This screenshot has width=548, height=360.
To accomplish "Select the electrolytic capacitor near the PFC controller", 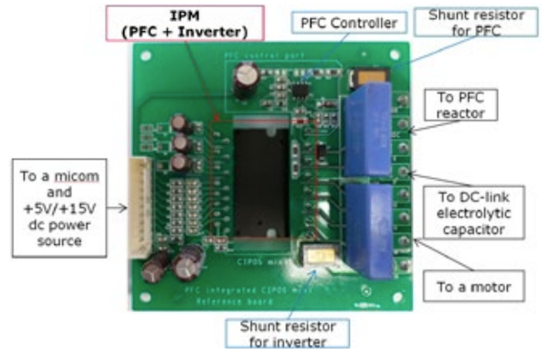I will [245, 82].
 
